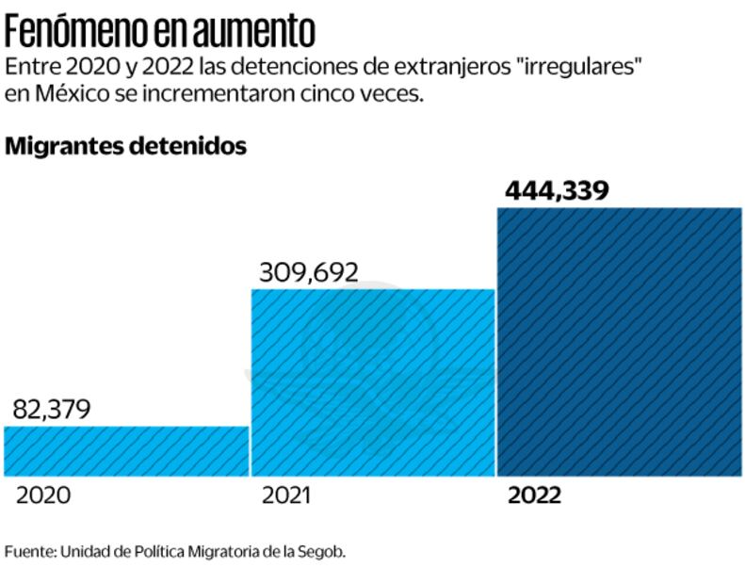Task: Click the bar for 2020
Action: tap(126, 451)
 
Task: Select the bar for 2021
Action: tap(372, 382)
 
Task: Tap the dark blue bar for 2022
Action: tap(620, 341)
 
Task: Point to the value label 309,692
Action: tap(309, 272)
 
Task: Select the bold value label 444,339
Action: tap(557, 190)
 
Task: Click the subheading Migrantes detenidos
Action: tap(125, 147)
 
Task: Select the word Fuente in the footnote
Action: tap(28, 551)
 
